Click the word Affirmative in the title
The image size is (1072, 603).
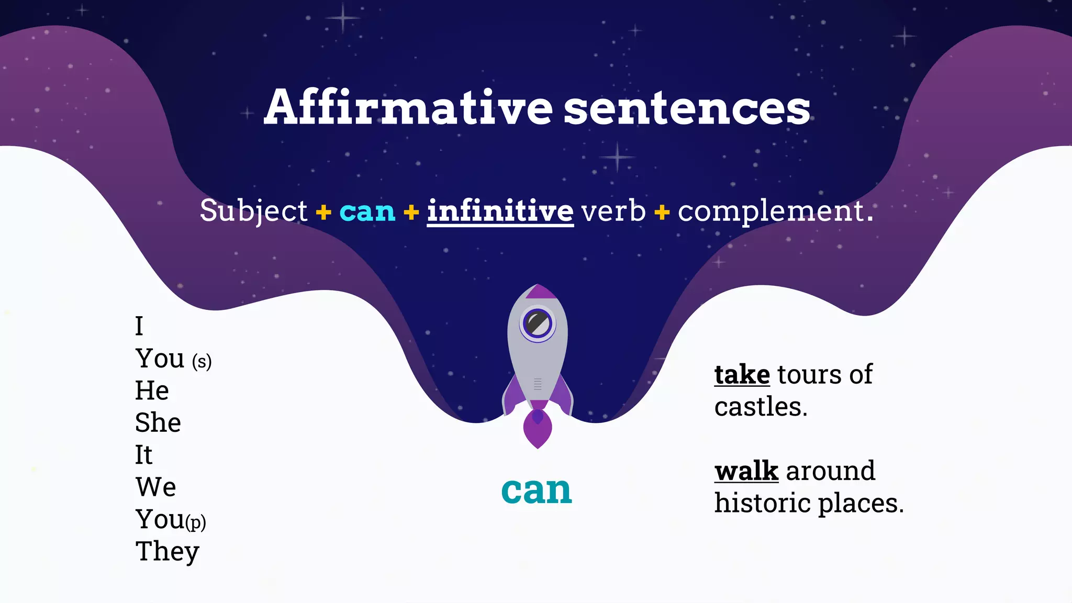(x=408, y=107)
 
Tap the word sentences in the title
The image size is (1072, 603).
(x=687, y=108)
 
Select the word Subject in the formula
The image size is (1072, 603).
(x=253, y=211)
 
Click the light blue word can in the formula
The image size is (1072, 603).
(x=367, y=211)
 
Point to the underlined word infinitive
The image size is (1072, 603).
(x=500, y=211)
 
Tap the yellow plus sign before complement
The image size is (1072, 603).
(x=662, y=212)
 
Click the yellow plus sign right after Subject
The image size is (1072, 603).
(x=323, y=212)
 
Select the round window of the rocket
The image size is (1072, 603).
(x=537, y=322)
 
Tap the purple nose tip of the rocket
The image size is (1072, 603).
(x=538, y=291)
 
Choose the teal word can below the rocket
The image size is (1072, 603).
(x=537, y=490)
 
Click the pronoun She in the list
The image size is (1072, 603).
(x=158, y=422)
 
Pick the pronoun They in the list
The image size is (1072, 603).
(x=167, y=552)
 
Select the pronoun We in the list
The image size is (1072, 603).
(x=155, y=487)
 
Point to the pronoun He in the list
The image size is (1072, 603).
(x=152, y=390)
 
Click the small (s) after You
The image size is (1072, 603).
(x=202, y=361)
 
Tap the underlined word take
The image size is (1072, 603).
(x=742, y=375)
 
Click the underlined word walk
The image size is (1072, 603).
(x=746, y=471)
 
